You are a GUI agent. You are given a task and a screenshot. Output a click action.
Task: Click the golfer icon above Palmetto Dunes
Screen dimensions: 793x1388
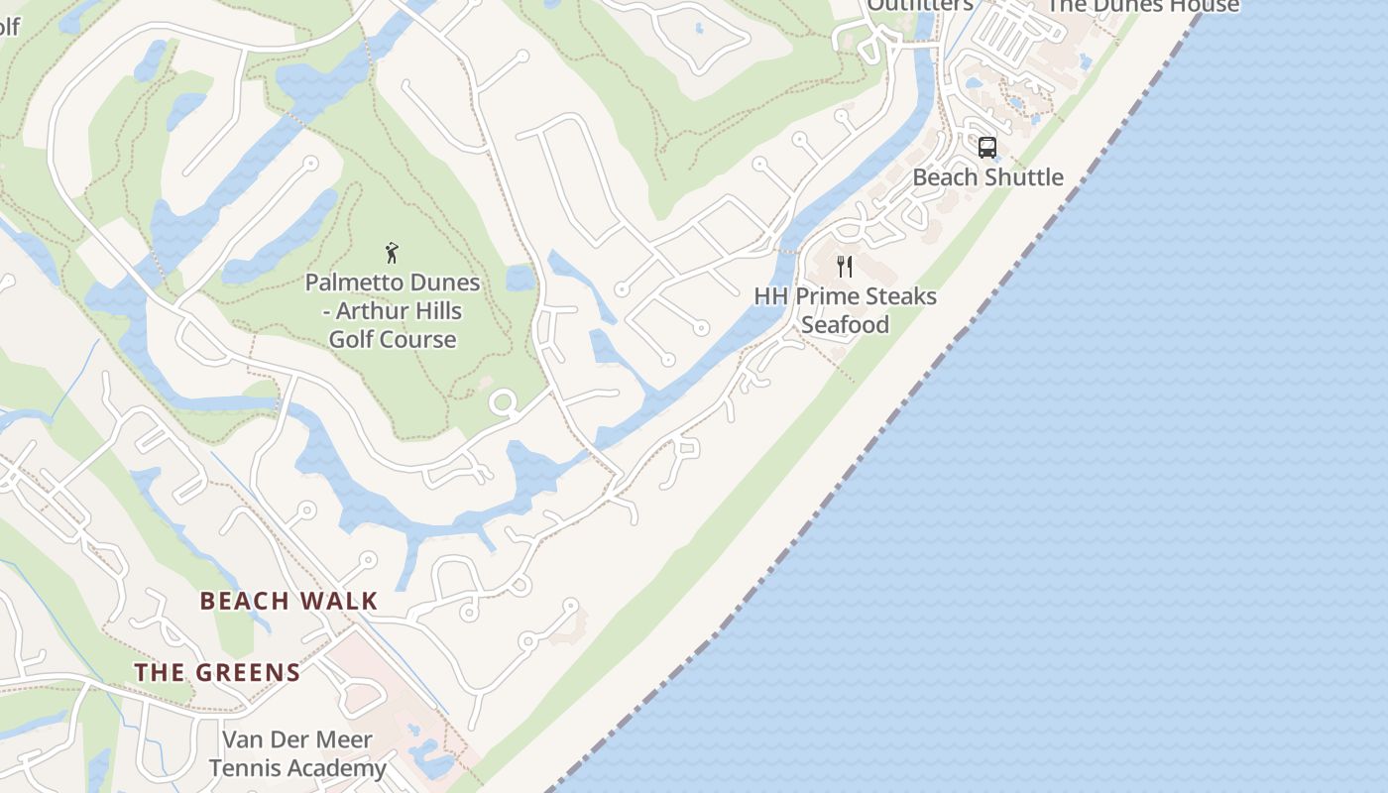(393, 253)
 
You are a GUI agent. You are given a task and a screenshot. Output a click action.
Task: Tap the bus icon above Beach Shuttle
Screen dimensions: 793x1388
(986, 148)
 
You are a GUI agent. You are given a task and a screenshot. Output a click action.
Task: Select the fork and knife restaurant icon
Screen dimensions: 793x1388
(845, 266)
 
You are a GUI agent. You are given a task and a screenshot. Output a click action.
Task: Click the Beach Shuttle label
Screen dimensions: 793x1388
(987, 177)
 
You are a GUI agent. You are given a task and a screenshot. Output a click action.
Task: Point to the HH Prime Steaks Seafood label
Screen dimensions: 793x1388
(845, 310)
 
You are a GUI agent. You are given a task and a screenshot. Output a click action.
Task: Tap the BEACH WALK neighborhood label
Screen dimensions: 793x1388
(289, 601)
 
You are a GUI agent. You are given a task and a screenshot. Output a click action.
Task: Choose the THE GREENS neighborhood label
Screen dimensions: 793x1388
(217, 672)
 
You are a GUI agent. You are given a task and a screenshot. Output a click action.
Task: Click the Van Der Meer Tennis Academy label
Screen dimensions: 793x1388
(297, 753)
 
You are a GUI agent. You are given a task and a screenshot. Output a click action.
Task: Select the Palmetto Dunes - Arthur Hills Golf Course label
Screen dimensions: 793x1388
(393, 310)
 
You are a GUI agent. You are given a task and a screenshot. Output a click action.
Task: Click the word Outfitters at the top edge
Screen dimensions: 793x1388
(920, 5)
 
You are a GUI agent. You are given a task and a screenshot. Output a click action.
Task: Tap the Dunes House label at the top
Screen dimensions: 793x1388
(1143, 6)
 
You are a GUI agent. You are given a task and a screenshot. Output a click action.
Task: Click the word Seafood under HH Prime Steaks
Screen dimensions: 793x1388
(845, 325)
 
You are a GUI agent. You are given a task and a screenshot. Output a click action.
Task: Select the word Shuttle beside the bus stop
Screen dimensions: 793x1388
(1023, 177)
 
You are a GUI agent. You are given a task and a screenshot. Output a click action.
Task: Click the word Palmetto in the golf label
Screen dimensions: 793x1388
(350, 283)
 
